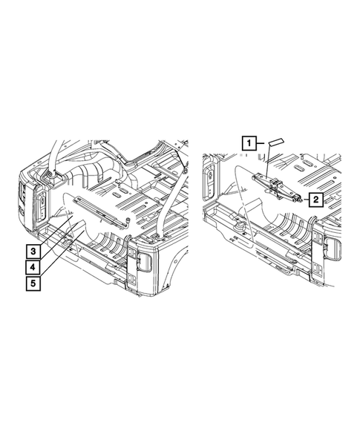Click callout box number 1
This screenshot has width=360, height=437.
pyautogui.click(x=249, y=143)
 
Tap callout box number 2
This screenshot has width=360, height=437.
pyautogui.click(x=316, y=200)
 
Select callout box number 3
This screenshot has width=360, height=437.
pyautogui.click(x=33, y=252)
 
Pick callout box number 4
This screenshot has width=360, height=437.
pyautogui.click(x=33, y=267)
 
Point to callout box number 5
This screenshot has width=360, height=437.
pyautogui.click(x=33, y=283)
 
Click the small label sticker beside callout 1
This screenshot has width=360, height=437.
pyautogui.click(x=275, y=142)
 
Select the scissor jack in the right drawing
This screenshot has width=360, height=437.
pyautogui.click(x=277, y=187)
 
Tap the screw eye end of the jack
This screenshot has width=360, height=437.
pyautogui.click(x=299, y=199)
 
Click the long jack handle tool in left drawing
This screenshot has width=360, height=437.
pyautogui.click(x=102, y=211)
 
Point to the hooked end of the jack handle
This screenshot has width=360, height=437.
pyautogui.click(x=128, y=221)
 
